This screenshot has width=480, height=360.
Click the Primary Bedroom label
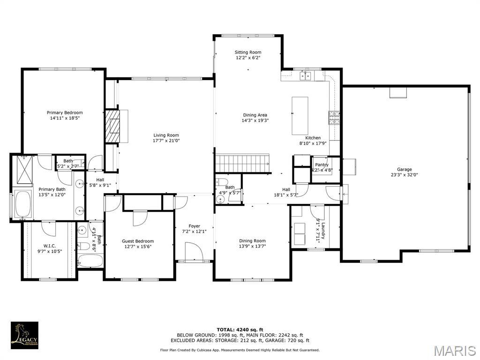point(65,112)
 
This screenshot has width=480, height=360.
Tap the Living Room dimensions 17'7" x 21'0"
point(166,141)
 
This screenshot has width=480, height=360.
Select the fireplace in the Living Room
point(112,126)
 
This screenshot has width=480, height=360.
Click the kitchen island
point(300,115)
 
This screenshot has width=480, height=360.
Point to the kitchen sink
point(306,76)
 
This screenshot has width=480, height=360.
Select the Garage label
point(404,169)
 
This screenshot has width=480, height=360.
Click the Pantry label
point(322,165)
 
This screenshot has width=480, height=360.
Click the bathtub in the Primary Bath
point(22,204)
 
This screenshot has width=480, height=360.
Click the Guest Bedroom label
point(138,241)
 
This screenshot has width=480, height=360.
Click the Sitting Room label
point(248,52)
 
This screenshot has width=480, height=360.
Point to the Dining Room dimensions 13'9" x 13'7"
point(252,246)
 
